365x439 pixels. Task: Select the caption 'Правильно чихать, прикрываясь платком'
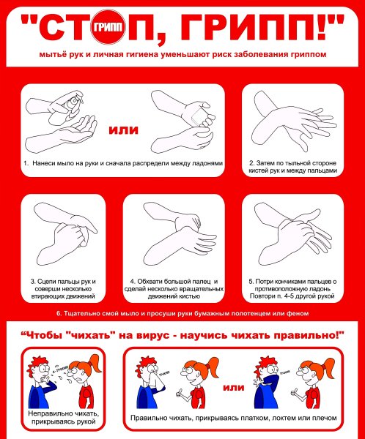[x=232, y=421]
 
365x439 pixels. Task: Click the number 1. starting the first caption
[x=26, y=163]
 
